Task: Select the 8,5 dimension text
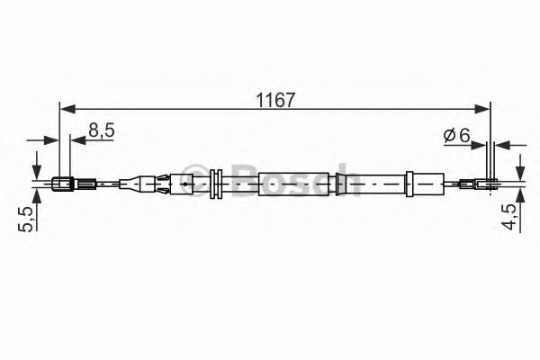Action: click(102, 131)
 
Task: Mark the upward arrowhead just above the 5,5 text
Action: click(36, 200)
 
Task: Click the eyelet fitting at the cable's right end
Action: click(487, 187)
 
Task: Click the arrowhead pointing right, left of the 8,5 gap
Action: click(53, 140)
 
